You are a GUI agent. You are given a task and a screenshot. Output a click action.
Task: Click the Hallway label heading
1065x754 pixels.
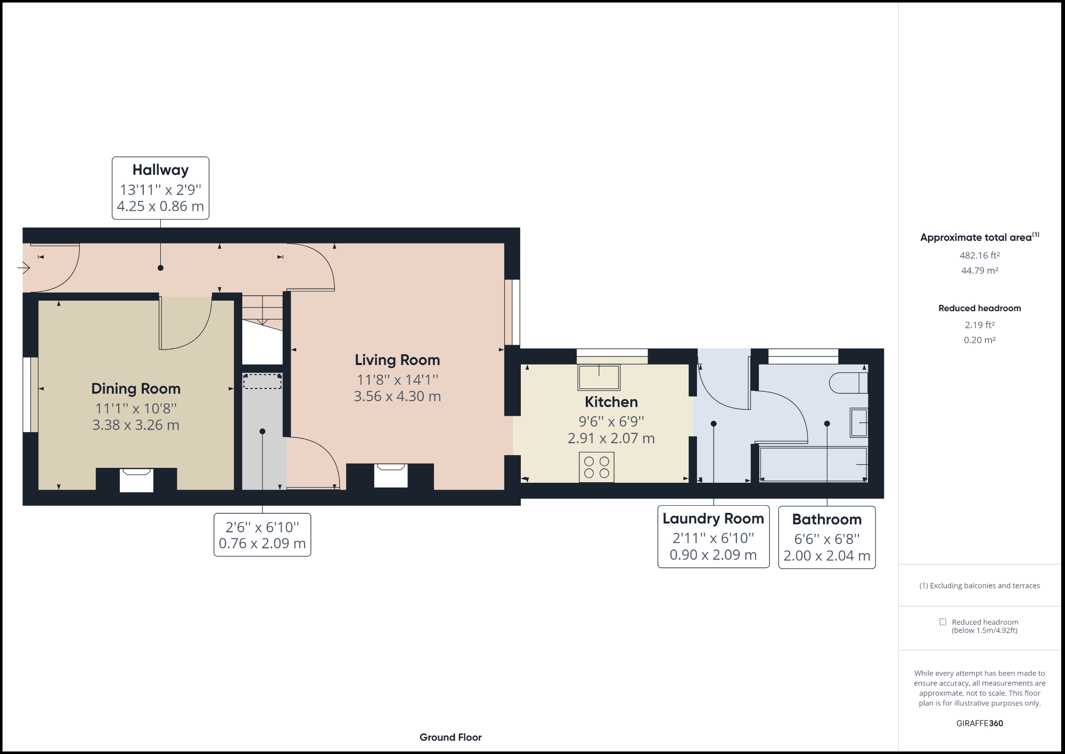pyautogui.click(x=160, y=170)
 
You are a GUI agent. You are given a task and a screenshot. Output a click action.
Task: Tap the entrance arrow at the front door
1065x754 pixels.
pyautogui.click(x=24, y=267)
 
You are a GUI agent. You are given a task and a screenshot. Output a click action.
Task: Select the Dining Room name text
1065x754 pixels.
pyautogui.click(x=136, y=388)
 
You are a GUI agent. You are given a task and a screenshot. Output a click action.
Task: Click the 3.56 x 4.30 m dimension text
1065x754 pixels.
pyautogui.click(x=397, y=396)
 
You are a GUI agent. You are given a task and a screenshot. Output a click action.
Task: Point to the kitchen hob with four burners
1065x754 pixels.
pyautogui.click(x=596, y=467)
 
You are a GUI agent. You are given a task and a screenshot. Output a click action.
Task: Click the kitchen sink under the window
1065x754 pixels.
pyautogui.click(x=599, y=377)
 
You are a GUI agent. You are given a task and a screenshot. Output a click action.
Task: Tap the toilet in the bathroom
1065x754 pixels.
pyautogui.click(x=848, y=383)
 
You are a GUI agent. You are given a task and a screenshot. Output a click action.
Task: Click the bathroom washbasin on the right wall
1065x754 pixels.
pyautogui.click(x=858, y=423)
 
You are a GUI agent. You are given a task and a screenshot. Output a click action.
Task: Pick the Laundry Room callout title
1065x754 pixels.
pyautogui.click(x=713, y=518)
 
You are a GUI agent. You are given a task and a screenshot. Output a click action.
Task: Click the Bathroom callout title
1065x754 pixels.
pyautogui.click(x=826, y=520)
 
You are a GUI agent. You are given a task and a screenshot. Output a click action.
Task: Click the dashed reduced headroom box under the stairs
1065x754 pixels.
pyautogui.click(x=262, y=382)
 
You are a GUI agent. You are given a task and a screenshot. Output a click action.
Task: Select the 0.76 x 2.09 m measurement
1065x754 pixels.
pyautogui.click(x=262, y=544)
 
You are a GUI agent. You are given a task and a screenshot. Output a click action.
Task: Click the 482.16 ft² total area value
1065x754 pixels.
pyautogui.click(x=979, y=255)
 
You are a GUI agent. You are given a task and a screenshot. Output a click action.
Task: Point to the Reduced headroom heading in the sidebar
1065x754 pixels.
pyautogui.click(x=979, y=308)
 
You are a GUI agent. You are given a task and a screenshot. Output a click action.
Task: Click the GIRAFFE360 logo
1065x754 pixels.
pyautogui.click(x=979, y=723)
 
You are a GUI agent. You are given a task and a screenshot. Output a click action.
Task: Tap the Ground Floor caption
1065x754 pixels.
pyautogui.click(x=450, y=737)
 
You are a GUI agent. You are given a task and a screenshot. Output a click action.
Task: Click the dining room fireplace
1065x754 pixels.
pyautogui.click(x=136, y=480)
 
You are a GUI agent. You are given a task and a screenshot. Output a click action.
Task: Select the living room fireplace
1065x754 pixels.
pyautogui.click(x=390, y=475)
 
